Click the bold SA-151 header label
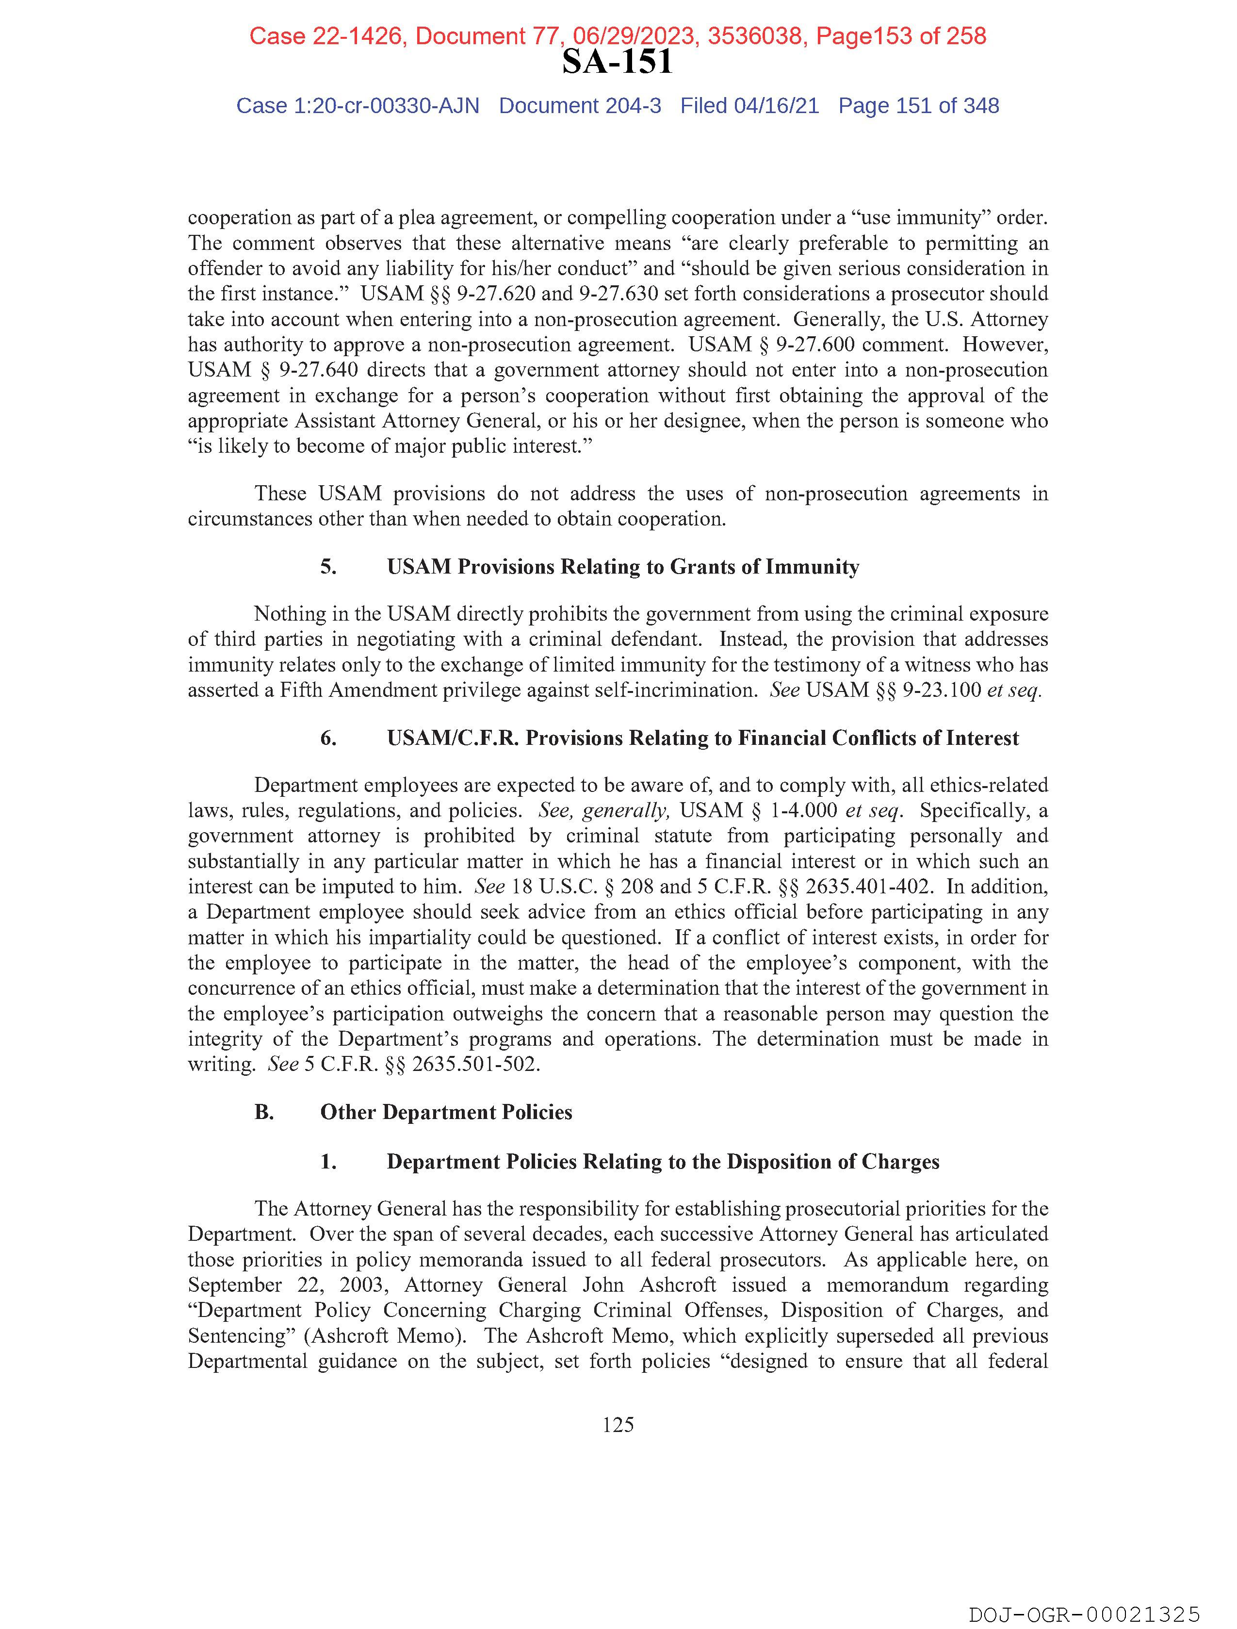coord(617,62)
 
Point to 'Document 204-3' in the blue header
coord(580,106)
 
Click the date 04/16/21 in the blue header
coord(776,106)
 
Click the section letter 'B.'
coord(264,1112)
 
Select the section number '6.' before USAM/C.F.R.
coord(328,738)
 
